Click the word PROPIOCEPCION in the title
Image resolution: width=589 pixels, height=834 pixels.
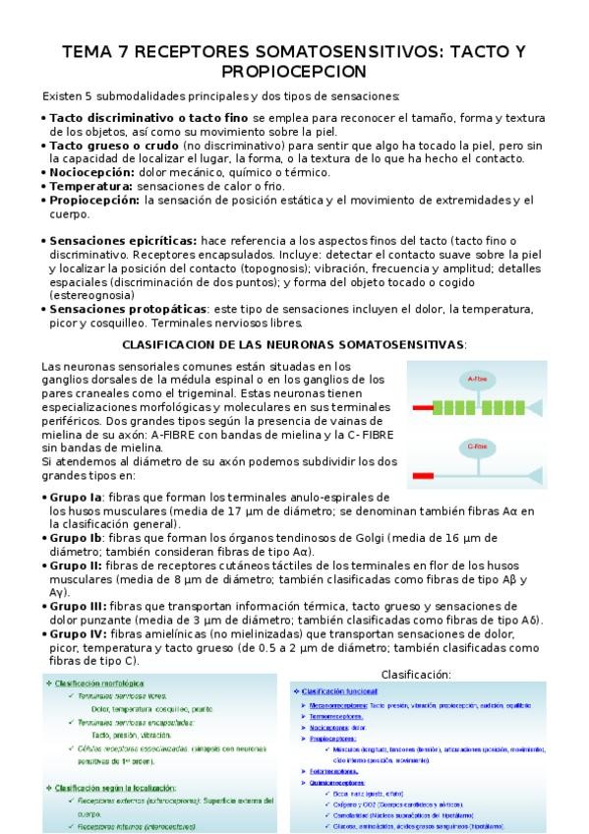[x=294, y=72]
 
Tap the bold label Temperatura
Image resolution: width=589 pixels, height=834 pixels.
[x=90, y=185]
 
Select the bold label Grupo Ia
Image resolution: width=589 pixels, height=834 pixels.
[x=76, y=498]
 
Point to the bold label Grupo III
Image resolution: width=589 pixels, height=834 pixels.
[x=78, y=606]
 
